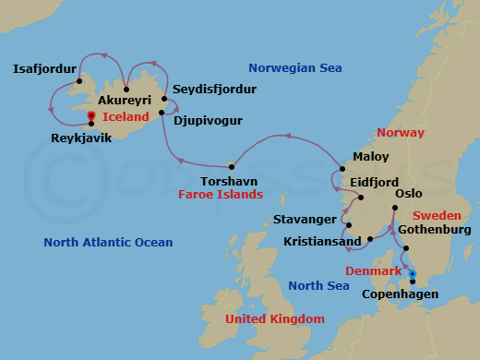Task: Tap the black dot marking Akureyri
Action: (126, 90)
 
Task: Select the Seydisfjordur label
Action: (214, 89)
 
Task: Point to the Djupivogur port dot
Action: (162, 113)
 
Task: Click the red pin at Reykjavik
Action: (90, 117)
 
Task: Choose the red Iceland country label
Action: (126, 117)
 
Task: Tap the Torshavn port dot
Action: (232, 166)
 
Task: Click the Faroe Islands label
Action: (221, 195)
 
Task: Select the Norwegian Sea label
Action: (294, 67)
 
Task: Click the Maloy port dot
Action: (342, 169)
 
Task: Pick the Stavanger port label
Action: (306, 220)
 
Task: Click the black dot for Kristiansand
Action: (369, 240)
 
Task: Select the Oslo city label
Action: (409, 195)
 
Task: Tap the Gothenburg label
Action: (438, 229)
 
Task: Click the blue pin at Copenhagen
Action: (413, 274)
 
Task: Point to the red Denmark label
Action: (374, 271)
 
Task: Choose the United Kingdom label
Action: (275, 318)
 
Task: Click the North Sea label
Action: (318, 286)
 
